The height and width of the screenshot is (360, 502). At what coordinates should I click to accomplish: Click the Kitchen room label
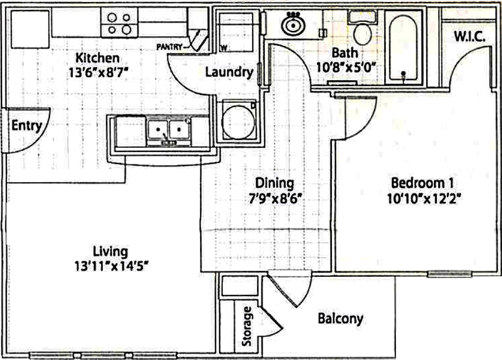tap(98, 58)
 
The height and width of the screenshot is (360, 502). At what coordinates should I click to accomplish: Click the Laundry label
tap(229, 73)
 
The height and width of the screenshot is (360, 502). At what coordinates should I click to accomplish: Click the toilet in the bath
tap(362, 33)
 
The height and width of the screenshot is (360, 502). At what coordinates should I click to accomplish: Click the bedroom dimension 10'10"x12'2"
tap(419, 196)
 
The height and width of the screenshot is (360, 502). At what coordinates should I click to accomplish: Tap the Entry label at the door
tap(27, 126)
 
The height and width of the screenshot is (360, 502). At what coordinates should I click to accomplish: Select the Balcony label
tap(340, 319)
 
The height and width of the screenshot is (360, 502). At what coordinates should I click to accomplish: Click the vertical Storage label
tap(247, 327)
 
